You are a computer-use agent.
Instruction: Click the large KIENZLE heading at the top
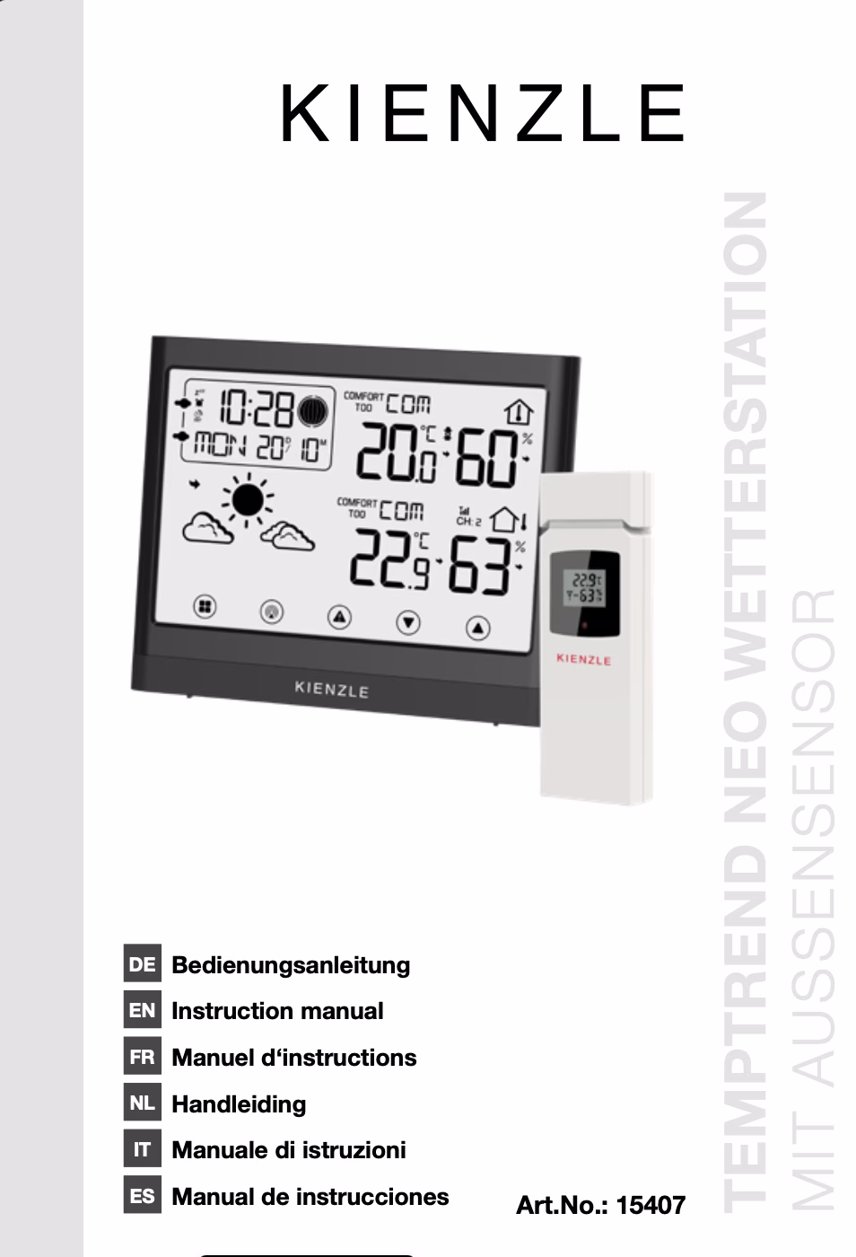tap(483, 115)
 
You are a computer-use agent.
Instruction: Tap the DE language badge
tap(142, 964)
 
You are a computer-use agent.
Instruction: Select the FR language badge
tap(142, 1057)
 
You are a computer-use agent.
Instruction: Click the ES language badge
tap(142, 1196)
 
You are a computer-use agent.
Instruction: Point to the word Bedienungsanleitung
tap(291, 965)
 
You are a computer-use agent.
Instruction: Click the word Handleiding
tap(239, 1103)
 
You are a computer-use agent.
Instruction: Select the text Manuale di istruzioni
tap(289, 1150)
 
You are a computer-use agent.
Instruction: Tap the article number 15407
tap(651, 1205)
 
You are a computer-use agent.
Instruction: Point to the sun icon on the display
tap(249, 498)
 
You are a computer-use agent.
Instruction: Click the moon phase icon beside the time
tap(311, 411)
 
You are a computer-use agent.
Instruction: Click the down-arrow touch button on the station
tap(408, 621)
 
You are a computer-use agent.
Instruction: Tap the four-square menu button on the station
tap(205, 607)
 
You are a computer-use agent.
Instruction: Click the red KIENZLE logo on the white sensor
tap(583, 659)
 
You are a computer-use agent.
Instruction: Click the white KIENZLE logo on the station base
tap(331, 690)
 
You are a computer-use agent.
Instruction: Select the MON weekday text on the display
tap(221, 445)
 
